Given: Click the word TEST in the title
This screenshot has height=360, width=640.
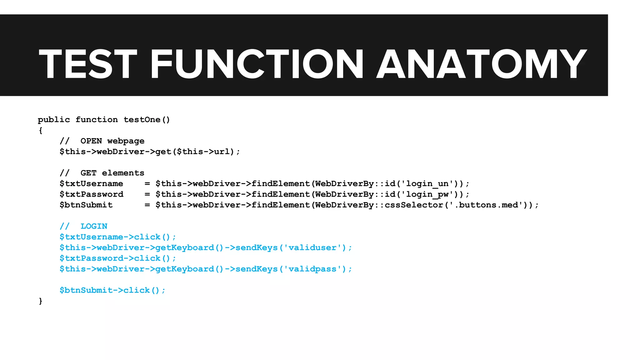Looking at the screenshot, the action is coord(88,64).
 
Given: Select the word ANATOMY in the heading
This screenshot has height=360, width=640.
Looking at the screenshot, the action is coord(481,64).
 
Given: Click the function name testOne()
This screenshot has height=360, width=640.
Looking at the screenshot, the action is coord(147,120).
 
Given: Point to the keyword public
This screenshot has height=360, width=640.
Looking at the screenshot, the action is coord(54,120).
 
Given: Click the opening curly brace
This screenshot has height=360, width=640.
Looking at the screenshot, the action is coord(40,130).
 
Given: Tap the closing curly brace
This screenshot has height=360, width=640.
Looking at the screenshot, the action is coord(40,301).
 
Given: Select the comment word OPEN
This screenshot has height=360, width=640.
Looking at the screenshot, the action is coord(91,141).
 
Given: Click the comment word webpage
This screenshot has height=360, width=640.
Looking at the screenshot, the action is coord(126,141).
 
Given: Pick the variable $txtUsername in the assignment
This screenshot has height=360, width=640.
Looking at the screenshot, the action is coord(91,184).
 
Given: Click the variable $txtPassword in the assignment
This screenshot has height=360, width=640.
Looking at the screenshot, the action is coord(91,194).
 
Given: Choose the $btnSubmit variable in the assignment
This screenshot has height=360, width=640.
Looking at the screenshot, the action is coord(86,205).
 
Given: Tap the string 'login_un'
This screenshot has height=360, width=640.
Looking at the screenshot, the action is coord(427,184).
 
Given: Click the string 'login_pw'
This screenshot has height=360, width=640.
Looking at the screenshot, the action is coord(427,194).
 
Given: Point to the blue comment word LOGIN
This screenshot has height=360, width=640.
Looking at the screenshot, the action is coord(94,226).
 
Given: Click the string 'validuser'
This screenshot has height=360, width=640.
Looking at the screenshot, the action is coord(312,248).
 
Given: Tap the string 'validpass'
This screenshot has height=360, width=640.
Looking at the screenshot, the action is coord(312,269).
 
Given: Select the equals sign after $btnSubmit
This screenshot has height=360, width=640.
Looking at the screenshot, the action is coord(147,205).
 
